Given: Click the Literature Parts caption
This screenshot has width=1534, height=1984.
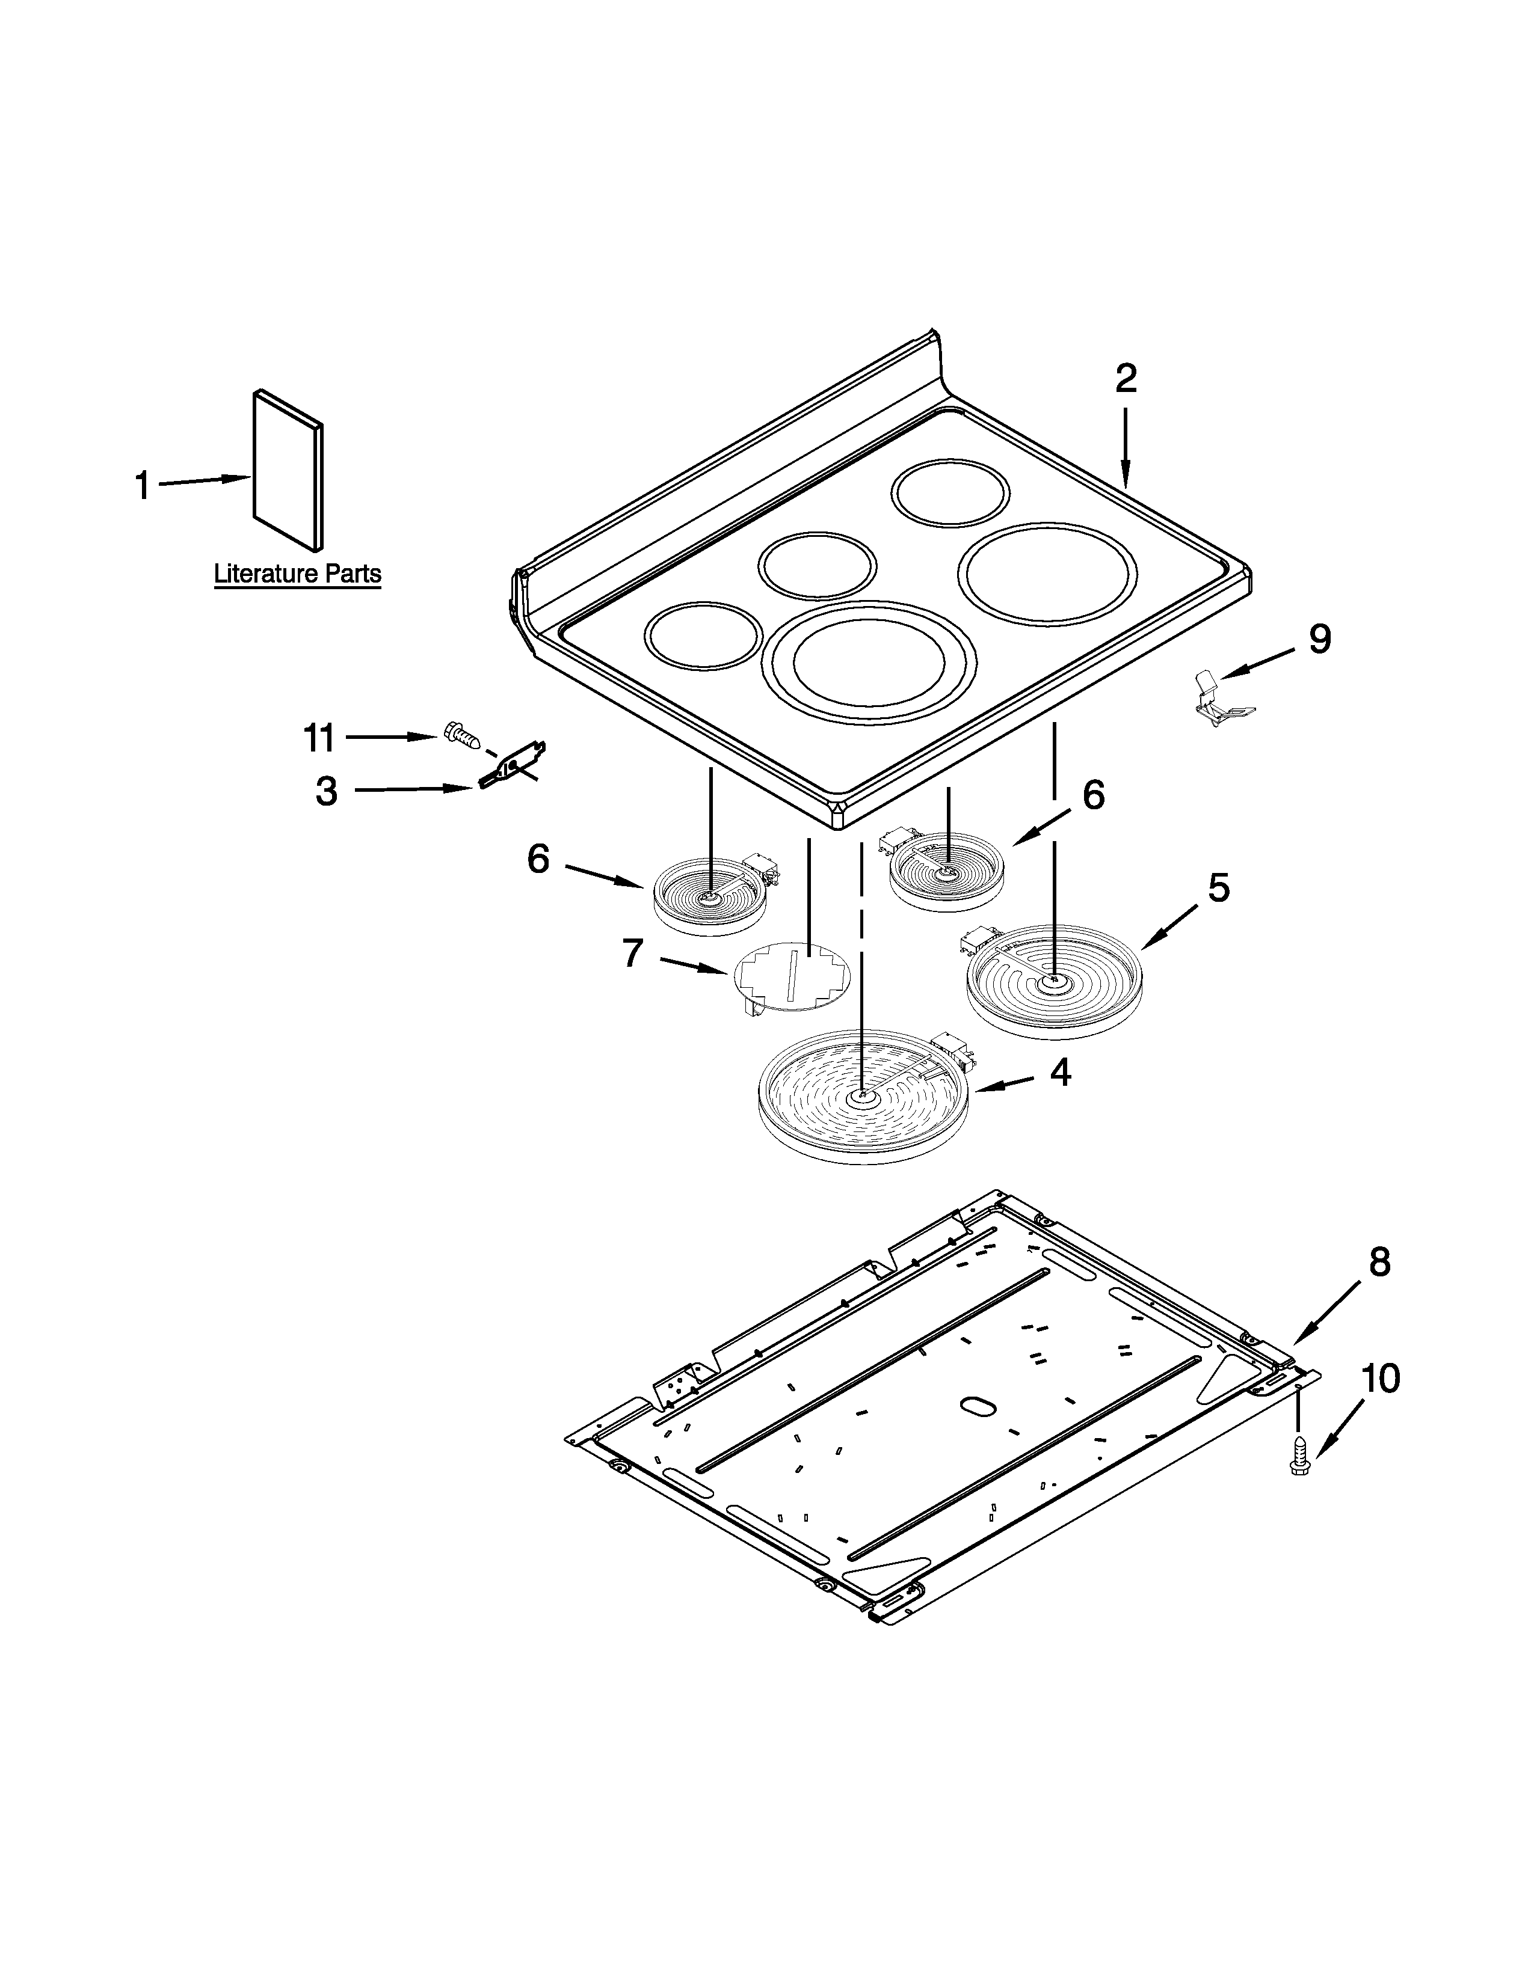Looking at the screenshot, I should click(x=297, y=574).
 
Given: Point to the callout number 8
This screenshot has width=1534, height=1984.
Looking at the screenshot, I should click(x=1379, y=1263).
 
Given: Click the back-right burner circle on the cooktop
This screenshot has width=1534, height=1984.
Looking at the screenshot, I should click(x=950, y=494).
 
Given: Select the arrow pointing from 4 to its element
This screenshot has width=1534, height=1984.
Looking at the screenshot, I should click(x=1005, y=1084).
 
